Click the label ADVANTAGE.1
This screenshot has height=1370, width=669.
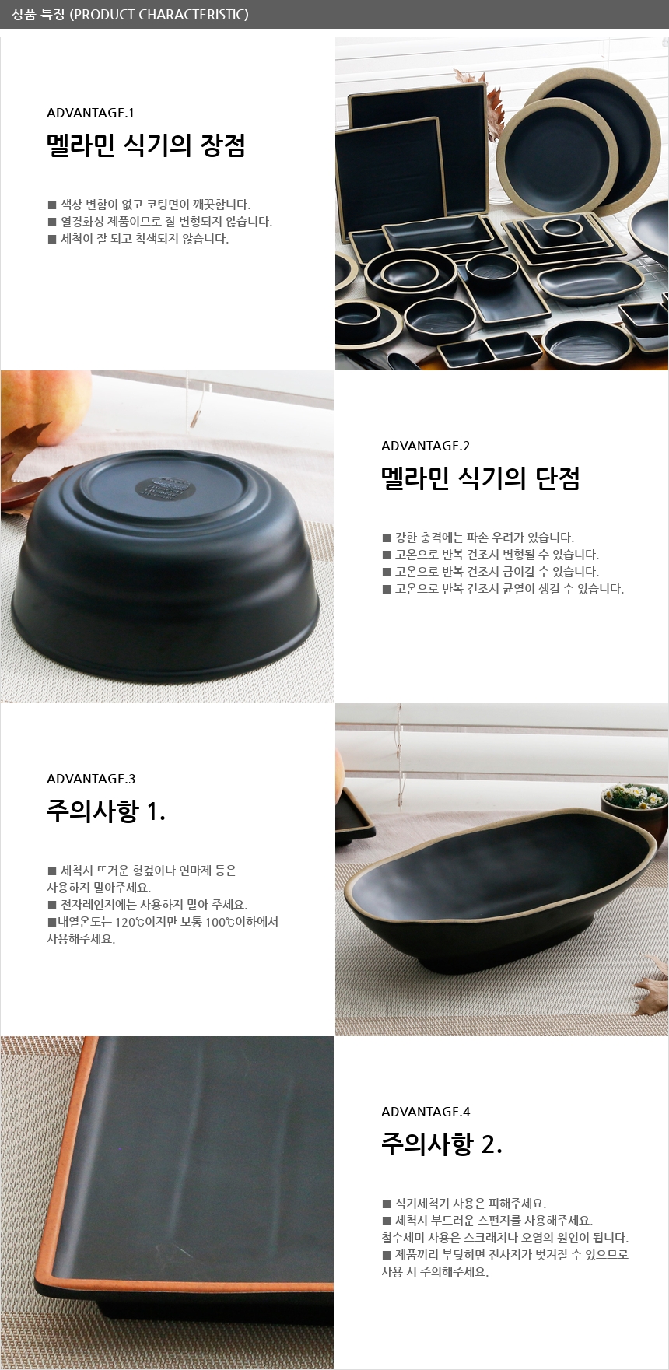point(90,113)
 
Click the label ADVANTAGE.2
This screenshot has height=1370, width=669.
point(426,446)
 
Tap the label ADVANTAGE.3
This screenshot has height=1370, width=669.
point(91,779)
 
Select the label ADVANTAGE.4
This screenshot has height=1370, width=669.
point(426,1112)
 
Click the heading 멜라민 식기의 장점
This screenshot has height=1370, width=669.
point(146,145)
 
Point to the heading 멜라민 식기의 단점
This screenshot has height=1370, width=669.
point(481,478)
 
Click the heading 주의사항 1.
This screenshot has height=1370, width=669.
point(107,811)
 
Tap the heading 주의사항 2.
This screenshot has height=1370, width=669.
point(442,1144)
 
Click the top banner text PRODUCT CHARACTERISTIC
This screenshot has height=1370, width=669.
point(159,14)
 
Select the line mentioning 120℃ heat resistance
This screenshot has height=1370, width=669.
point(163,922)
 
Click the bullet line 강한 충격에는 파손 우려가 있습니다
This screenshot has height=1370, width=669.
point(478,538)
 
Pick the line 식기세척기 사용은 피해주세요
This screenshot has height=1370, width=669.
point(464,1204)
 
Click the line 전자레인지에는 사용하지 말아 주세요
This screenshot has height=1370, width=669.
point(148,905)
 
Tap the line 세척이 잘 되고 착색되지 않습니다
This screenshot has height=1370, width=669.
point(138,239)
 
